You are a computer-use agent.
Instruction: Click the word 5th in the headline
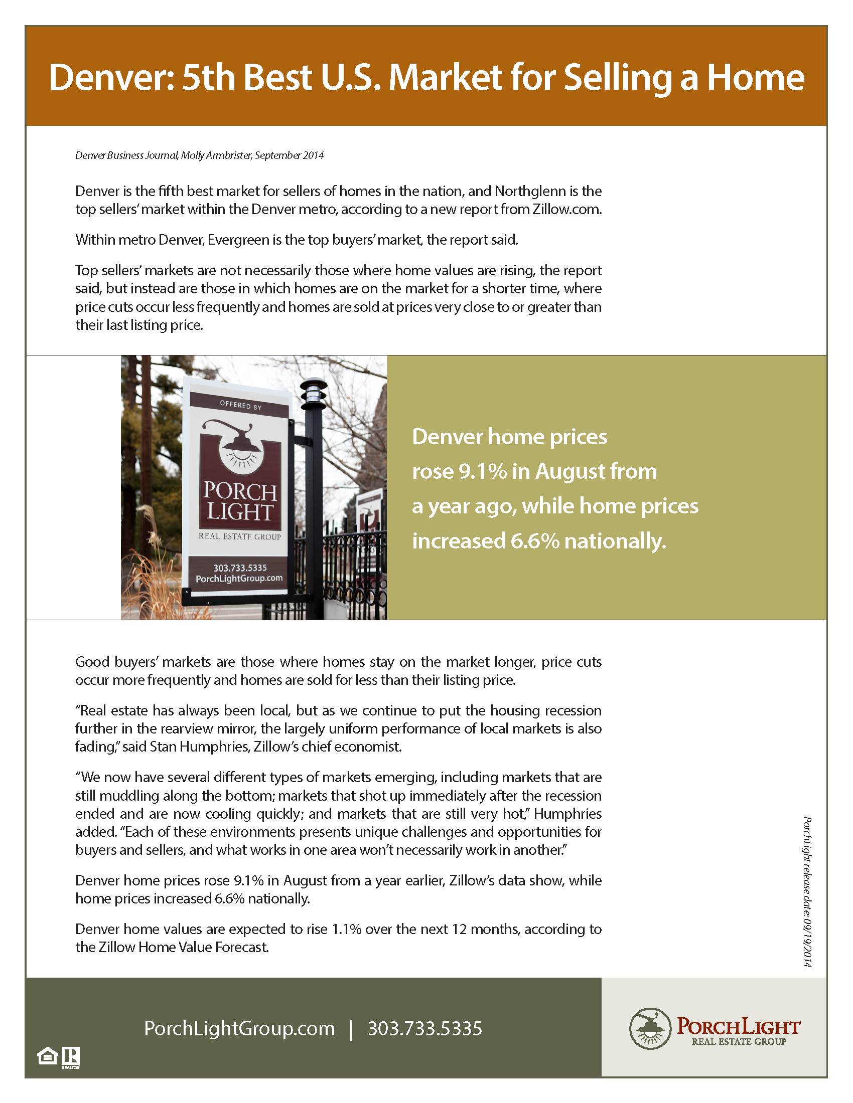[x=208, y=78]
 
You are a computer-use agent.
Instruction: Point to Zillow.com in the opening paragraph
[x=566, y=210]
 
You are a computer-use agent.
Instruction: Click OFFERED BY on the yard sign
[x=240, y=405]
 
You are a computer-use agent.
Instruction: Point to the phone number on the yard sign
[x=240, y=568]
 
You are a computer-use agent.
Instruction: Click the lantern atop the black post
[x=313, y=394]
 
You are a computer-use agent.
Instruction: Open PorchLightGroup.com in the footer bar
[x=239, y=1029]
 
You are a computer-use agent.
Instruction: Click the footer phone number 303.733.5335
[x=424, y=1029]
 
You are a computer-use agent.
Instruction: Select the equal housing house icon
[x=48, y=1056]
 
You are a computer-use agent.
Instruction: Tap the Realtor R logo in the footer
[x=71, y=1057]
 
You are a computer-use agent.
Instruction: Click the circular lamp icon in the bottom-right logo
[x=650, y=1028]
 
